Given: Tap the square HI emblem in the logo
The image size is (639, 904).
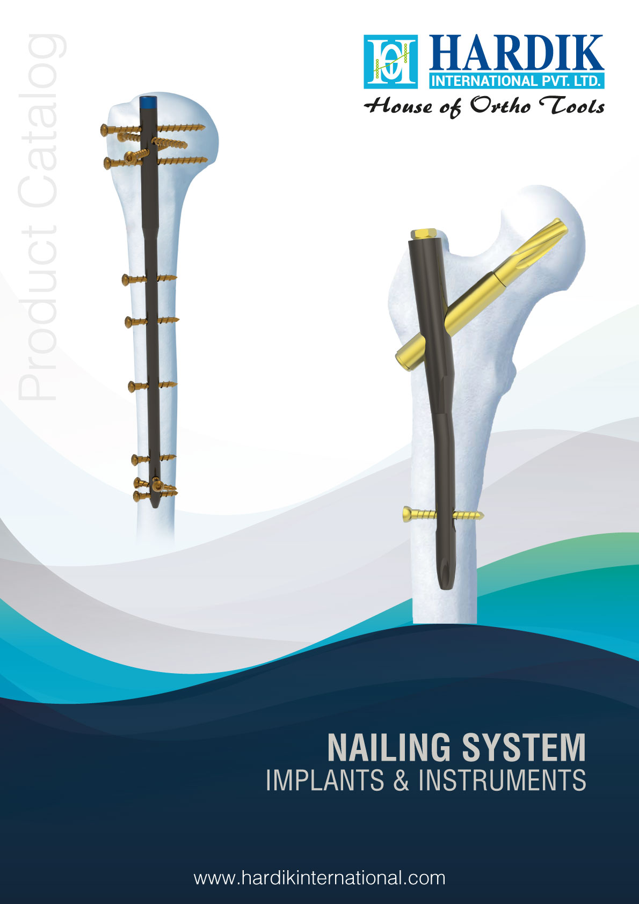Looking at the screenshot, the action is (x=391, y=62).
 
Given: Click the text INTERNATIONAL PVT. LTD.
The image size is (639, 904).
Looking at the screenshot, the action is (x=517, y=81).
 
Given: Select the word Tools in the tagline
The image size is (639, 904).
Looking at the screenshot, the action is (x=572, y=105).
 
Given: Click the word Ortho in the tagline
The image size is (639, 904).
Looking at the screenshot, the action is (x=500, y=105).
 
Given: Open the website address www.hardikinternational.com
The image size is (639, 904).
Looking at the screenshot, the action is (x=319, y=878).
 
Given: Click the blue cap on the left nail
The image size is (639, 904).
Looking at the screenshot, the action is (x=147, y=101).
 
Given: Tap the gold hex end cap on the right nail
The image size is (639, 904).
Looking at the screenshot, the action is (x=424, y=235).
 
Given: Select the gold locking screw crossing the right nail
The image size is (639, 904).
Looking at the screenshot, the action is (x=443, y=515).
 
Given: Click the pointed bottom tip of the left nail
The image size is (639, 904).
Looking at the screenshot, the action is (x=154, y=507).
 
